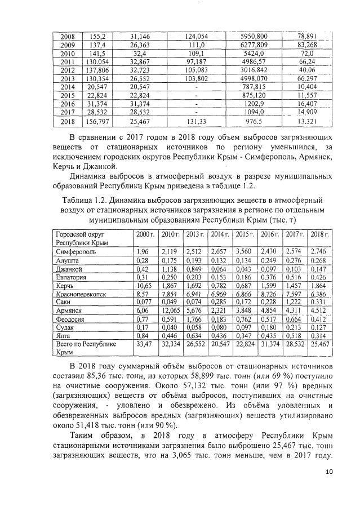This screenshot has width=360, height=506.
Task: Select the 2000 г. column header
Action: point(145,234)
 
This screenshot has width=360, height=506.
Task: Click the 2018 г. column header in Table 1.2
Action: point(318,234)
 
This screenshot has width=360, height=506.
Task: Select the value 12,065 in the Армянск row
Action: point(170,310)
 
